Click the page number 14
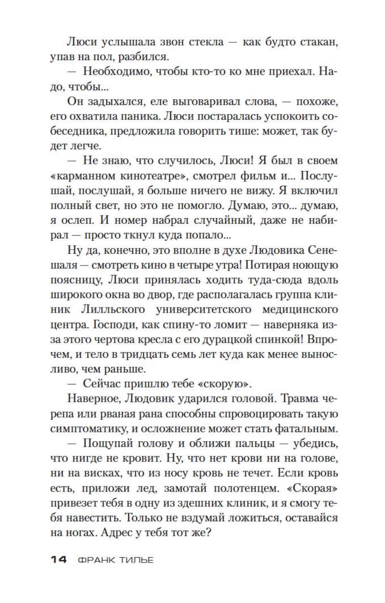click(x=59, y=559)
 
